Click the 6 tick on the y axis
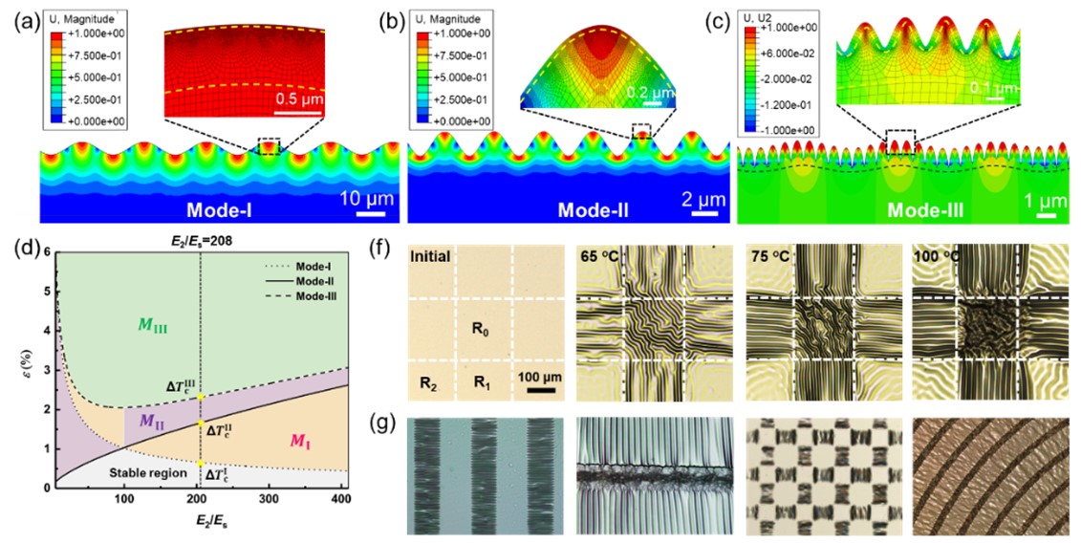(x=46, y=251)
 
